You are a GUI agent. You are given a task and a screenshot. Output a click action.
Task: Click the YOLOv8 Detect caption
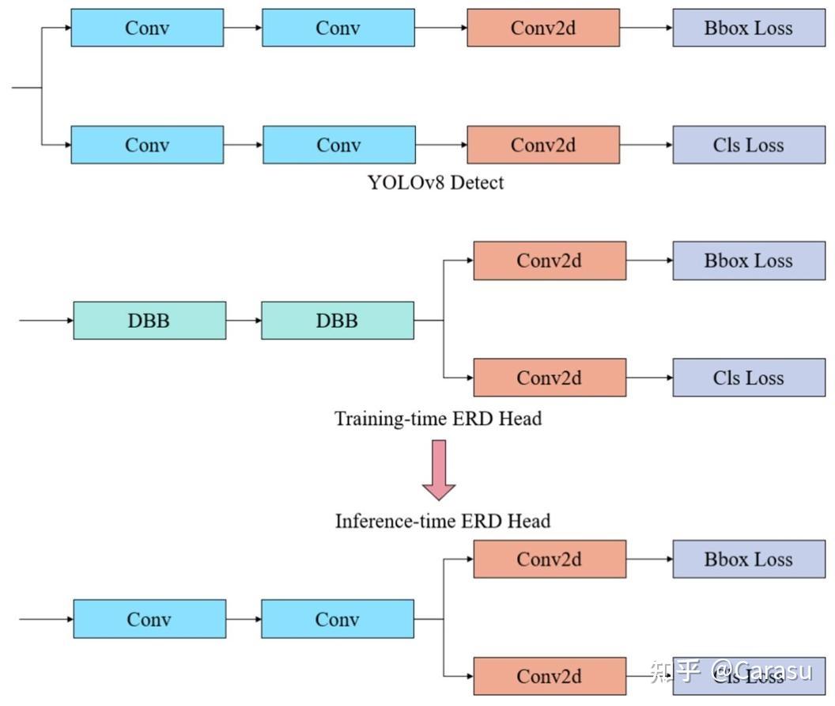[435, 183]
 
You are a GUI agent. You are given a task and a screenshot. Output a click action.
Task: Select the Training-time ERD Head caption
[437, 419]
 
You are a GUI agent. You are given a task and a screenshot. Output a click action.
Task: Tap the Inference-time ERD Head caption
[442, 521]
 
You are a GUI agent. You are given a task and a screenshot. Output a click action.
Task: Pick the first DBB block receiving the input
[149, 321]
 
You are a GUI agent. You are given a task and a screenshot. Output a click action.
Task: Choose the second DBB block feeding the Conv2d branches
[337, 321]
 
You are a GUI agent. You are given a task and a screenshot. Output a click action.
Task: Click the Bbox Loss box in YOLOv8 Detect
[748, 28]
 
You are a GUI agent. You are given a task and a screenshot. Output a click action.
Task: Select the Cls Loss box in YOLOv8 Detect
[748, 145]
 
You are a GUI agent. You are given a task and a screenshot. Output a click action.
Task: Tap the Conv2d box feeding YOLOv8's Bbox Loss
[543, 28]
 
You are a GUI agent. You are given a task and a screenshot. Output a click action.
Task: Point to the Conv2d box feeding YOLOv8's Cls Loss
[543, 145]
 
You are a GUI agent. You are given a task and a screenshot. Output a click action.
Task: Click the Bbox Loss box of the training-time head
[748, 261]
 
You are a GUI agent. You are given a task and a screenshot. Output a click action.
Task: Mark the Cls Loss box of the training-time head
[748, 378]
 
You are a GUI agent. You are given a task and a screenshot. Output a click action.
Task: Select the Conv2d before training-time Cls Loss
[550, 378]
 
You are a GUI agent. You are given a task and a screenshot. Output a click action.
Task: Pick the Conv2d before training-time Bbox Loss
[550, 261]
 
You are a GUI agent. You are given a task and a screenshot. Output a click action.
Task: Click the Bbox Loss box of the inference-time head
[748, 560]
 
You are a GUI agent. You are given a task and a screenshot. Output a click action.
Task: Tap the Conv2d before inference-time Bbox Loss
[550, 560]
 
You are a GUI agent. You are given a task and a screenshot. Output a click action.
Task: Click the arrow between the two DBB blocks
[244, 321]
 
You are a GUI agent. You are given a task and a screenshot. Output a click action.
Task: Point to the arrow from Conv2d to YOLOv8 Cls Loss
[646, 145]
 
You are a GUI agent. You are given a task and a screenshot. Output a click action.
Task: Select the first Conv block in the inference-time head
[149, 619]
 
